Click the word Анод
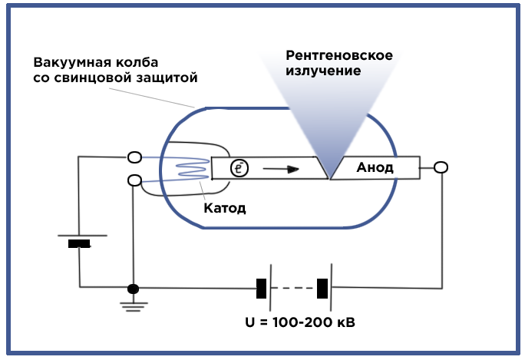point(375,168)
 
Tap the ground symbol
point(134,304)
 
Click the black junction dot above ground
point(134,289)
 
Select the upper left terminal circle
point(134,157)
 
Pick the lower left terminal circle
point(134,180)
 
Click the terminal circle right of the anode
point(441,167)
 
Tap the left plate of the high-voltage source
point(262,289)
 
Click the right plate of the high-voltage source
point(322,289)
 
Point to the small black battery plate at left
point(79,244)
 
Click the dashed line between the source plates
point(292,289)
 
